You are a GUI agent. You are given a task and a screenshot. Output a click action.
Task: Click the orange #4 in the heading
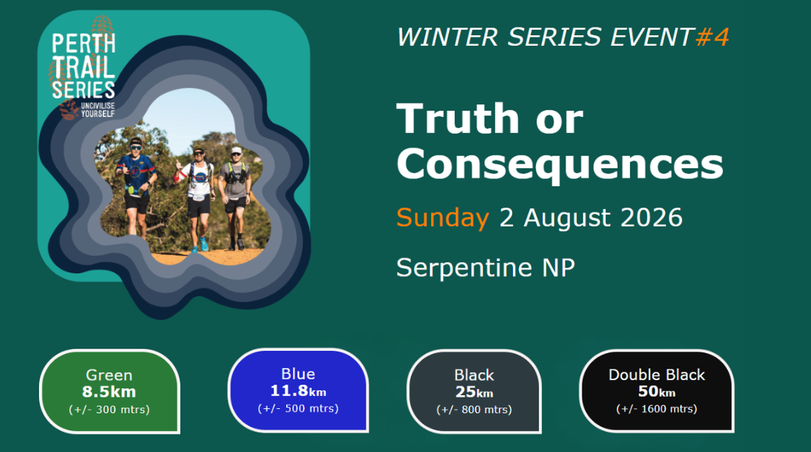tap(712, 37)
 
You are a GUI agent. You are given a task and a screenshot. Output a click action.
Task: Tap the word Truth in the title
tap(458, 118)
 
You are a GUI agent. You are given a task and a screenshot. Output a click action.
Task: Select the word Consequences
tap(560, 164)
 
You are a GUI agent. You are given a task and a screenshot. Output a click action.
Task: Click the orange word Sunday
tap(442, 218)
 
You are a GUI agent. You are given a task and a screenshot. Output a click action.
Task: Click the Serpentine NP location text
tap(485, 267)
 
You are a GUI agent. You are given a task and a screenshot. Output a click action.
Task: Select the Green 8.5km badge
tap(110, 391)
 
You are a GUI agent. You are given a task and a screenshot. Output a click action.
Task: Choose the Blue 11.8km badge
tap(299, 390)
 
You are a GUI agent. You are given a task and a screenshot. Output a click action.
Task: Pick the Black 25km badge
tap(474, 391)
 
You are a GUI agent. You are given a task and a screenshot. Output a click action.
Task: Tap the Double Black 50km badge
tap(657, 391)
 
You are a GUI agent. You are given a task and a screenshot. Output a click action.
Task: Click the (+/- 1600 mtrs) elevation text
tap(657, 409)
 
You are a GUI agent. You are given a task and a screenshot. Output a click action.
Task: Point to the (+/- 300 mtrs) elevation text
tap(109, 410)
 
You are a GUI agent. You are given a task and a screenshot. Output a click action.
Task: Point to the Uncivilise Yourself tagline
tap(97, 110)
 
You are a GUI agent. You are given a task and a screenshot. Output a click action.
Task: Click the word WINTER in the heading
tap(448, 37)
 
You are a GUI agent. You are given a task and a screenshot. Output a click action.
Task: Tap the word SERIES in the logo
tap(83, 90)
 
